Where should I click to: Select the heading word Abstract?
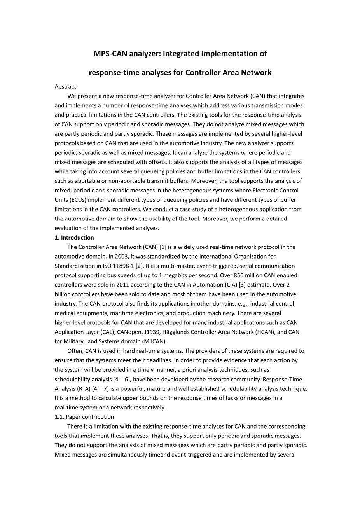65,86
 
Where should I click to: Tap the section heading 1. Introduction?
74,238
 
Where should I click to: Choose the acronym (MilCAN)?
154,341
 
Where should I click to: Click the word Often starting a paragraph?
75,351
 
